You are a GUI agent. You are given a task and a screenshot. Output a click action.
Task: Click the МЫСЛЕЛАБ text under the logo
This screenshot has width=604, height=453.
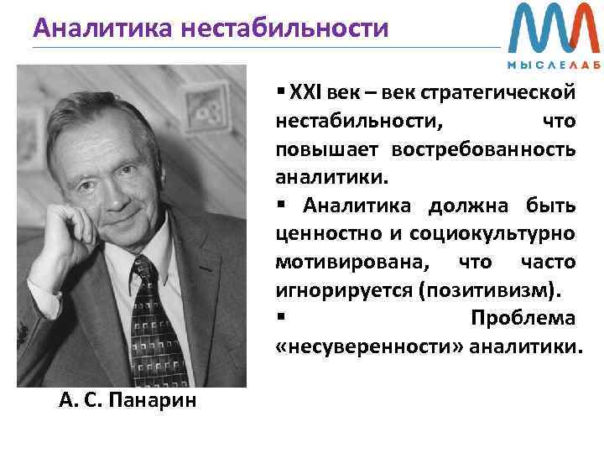pos(553,65)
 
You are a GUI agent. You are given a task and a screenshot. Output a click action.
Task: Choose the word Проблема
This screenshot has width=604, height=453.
pos(523,319)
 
